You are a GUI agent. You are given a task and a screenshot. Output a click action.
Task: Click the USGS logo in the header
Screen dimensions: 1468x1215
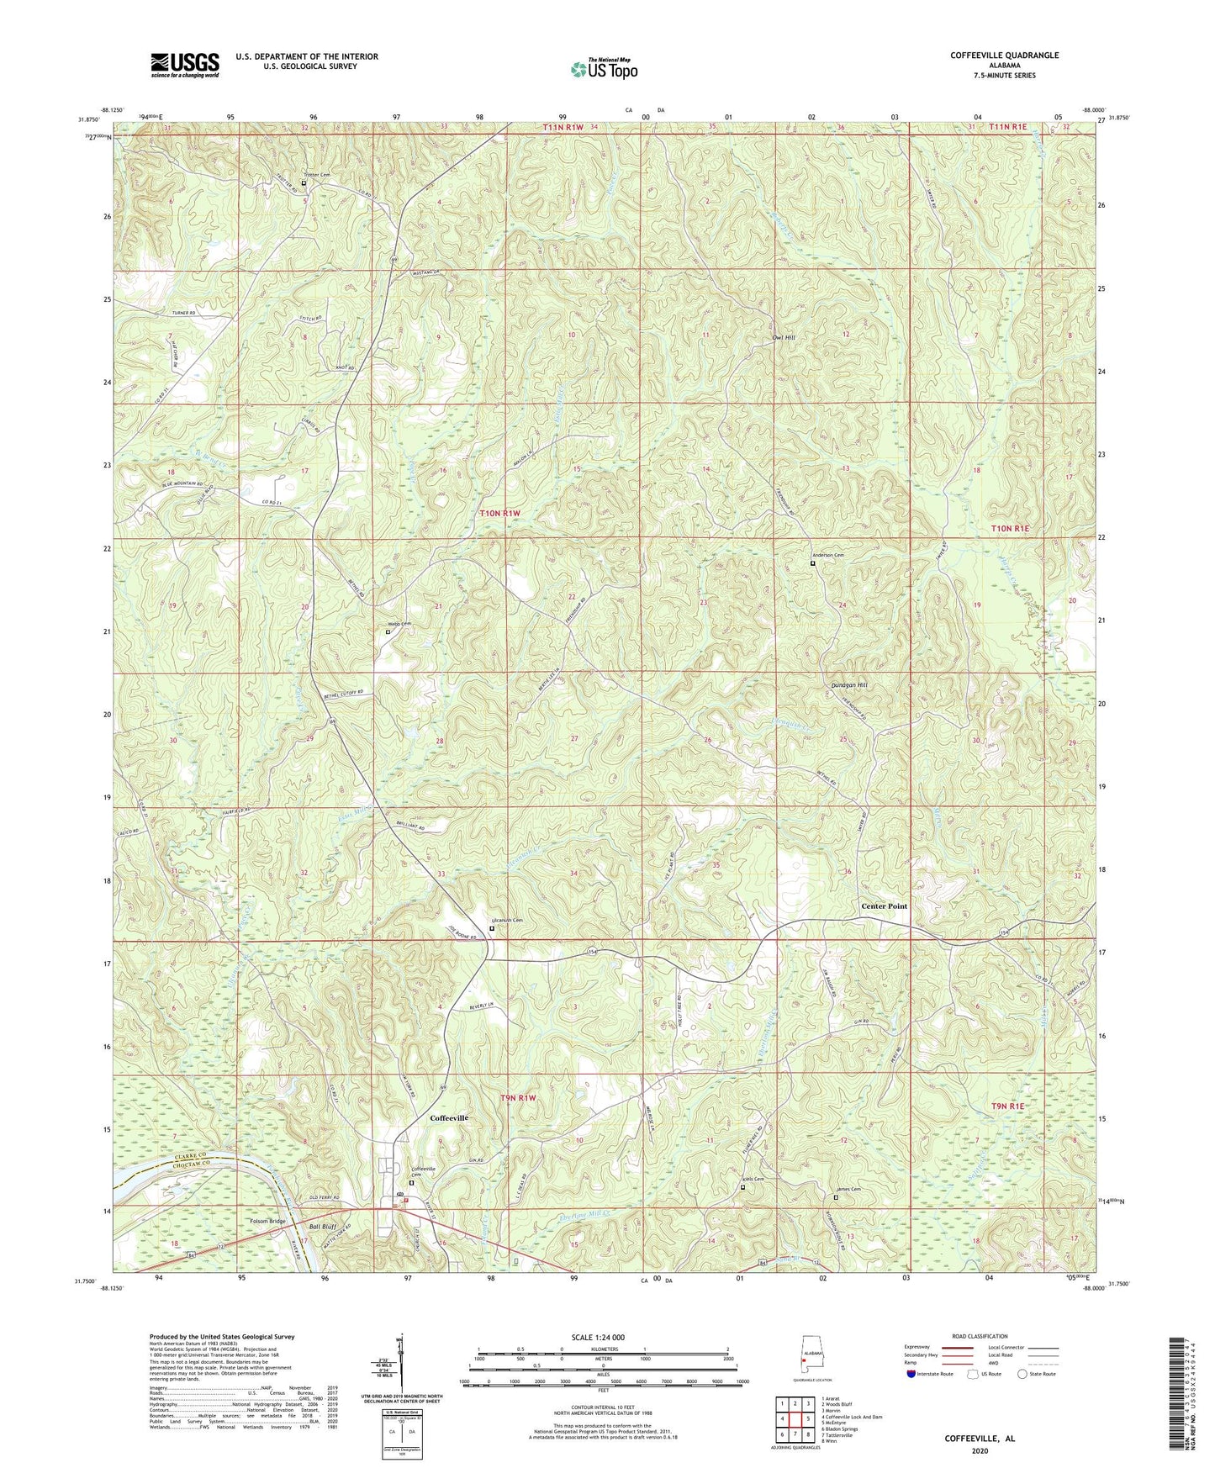[185, 64]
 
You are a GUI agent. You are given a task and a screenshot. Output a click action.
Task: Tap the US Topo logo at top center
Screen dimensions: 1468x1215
[602, 69]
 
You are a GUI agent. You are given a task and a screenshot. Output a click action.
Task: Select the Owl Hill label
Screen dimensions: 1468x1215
[783, 338]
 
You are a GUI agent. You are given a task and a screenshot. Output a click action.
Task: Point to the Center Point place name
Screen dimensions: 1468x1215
[884, 906]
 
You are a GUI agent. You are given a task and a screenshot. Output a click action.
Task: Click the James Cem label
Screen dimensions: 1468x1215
[848, 1190]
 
